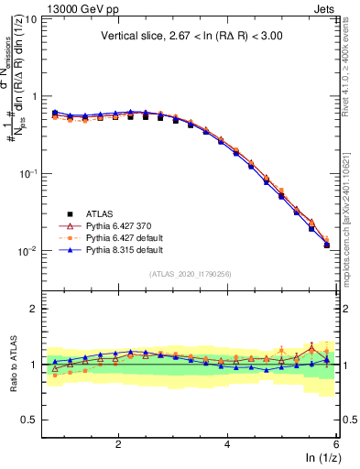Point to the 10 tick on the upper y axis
pos(30,18)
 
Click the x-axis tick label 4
pos(227,443)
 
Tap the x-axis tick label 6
pos(336,443)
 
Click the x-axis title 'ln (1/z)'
pos(324,459)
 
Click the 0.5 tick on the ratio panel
pos(28,420)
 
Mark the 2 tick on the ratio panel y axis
pos(33,309)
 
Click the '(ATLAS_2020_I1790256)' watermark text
pos(191,273)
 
